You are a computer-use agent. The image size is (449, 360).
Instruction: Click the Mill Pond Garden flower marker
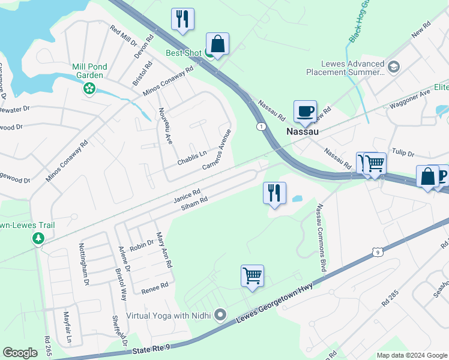pos(89,88)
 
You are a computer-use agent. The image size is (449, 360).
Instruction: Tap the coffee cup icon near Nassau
pos(305,111)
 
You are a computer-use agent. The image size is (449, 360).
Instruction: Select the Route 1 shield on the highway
pos(261,126)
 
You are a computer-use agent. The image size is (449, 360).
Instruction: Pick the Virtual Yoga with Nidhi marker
pos(221,314)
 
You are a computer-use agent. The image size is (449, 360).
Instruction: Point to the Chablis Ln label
pos(192,158)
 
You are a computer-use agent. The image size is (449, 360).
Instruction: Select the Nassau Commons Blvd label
pos(322,238)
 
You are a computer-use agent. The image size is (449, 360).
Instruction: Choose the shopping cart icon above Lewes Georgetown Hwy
pos(252,277)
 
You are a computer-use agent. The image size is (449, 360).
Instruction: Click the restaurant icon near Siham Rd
pos(274,193)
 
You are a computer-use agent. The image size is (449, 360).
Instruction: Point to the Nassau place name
pos(302,131)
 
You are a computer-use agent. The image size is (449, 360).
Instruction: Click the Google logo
pos(20,353)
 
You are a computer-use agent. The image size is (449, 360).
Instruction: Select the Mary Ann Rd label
pos(164,250)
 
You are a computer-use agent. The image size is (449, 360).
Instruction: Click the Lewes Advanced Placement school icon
pos(394,66)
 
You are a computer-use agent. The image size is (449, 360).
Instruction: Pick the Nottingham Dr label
pos(84,264)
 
